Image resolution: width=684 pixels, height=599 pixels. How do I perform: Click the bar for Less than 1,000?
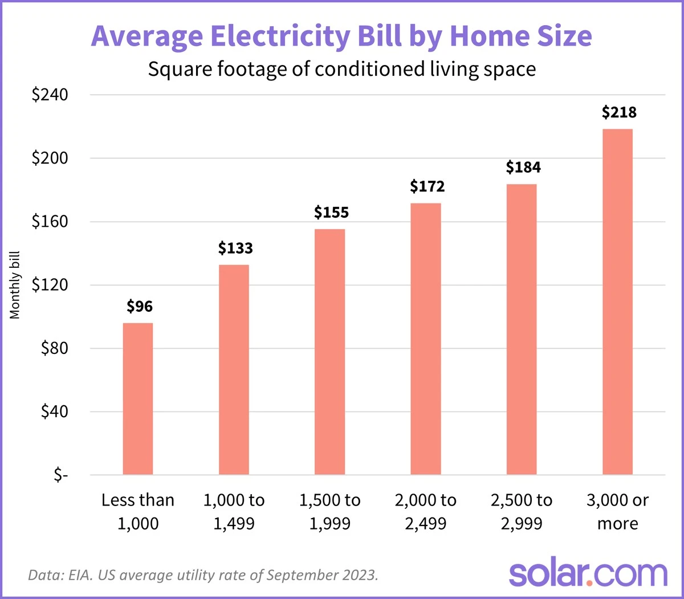[x=138, y=398]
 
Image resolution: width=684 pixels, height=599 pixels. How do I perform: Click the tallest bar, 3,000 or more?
[x=617, y=301]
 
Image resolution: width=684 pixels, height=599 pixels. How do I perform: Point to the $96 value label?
[x=140, y=307]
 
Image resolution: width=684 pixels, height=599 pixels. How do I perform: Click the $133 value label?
[x=235, y=248]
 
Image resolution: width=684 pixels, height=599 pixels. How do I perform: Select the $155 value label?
[x=331, y=213]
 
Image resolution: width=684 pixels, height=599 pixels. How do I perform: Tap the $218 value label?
[x=619, y=112]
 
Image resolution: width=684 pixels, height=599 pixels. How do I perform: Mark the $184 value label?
[x=523, y=168]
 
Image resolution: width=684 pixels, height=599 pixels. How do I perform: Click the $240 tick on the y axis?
[x=50, y=95]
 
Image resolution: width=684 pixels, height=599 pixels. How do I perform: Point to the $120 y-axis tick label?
[x=50, y=285]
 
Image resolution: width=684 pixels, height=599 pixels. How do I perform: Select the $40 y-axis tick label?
[x=54, y=411]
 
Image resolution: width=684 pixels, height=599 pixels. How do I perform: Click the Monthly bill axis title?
[x=15, y=285]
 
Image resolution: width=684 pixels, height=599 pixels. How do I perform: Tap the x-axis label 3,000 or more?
[x=617, y=511]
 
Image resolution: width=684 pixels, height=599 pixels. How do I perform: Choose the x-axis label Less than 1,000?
[x=138, y=511]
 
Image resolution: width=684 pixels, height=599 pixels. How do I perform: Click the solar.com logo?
[x=588, y=573]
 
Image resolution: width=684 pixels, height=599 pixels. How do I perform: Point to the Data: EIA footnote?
[x=203, y=574]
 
